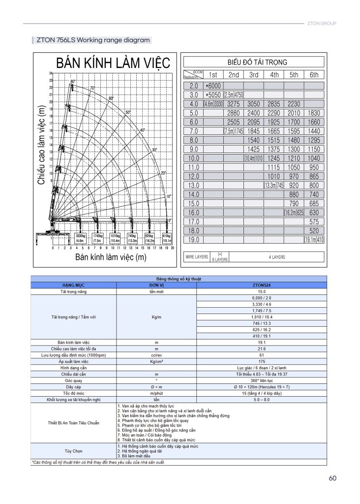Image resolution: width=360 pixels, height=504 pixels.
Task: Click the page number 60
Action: click(332, 478)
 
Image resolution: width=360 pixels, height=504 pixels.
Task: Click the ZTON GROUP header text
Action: click(321, 23)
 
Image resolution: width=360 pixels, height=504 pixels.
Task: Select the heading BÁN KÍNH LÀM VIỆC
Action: click(113, 63)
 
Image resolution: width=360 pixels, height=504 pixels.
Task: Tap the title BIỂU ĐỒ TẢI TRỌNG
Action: click(254, 62)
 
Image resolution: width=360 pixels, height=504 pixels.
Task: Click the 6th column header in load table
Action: click(314, 75)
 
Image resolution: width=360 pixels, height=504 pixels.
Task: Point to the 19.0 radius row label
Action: click(193, 240)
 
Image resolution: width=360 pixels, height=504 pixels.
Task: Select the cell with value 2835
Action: click(274, 104)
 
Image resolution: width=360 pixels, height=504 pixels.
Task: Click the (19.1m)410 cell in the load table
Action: click(314, 240)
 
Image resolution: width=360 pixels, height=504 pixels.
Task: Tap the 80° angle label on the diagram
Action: click(73, 81)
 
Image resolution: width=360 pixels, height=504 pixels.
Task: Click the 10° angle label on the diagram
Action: click(169, 196)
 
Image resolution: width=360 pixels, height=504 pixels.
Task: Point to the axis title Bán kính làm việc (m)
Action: click(111, 257)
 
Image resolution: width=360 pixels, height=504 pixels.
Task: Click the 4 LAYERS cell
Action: click(276, 257)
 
